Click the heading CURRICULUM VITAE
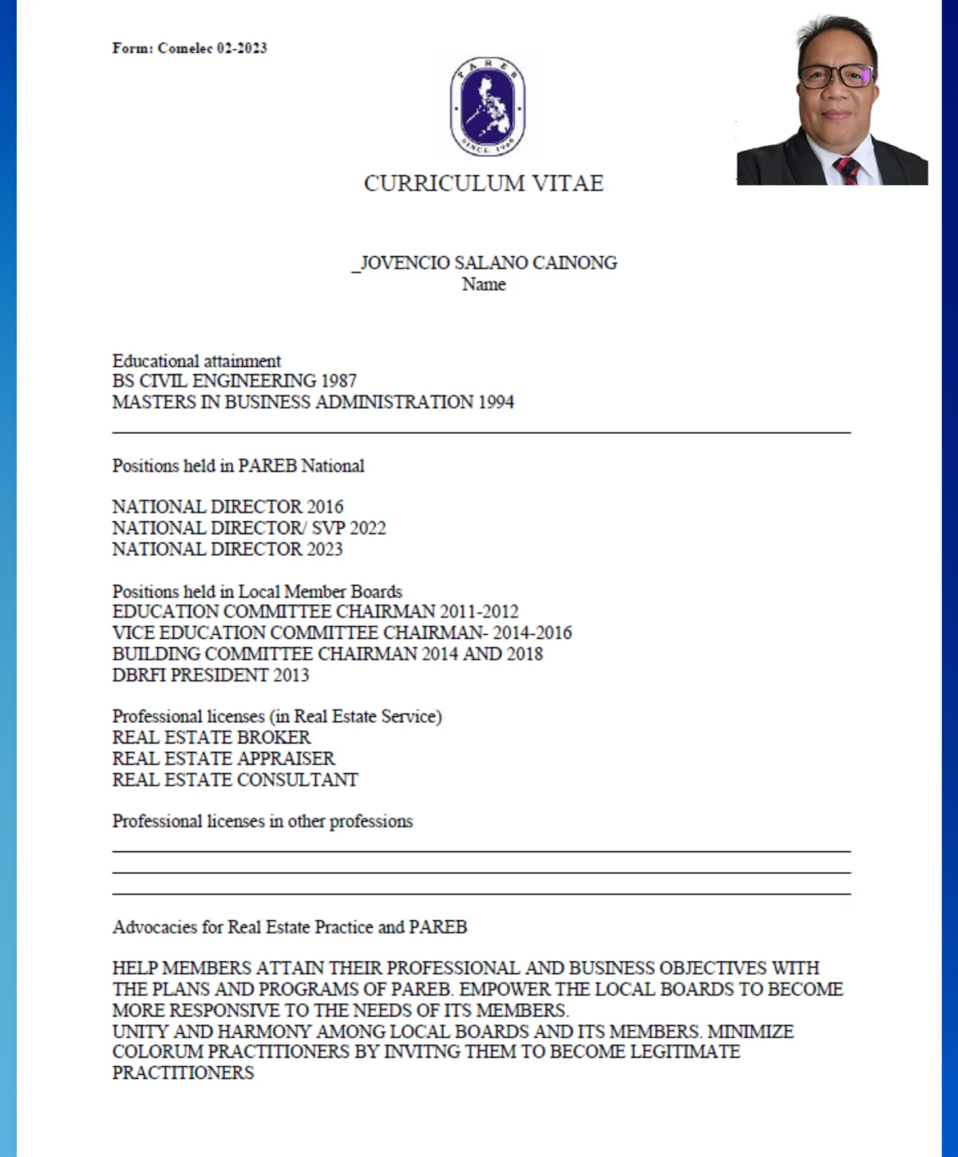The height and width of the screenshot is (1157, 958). coord(484,184)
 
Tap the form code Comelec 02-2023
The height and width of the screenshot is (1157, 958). coord(212,48)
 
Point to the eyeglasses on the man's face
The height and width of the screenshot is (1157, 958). coord(836,76)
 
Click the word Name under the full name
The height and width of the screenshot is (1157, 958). coord(484,284)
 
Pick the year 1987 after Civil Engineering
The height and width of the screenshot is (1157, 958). coord(338,381)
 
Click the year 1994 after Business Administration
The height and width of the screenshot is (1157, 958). coord(496,402)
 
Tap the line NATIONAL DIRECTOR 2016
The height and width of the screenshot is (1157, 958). coord(228,507)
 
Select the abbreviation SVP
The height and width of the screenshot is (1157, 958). coord(328,528)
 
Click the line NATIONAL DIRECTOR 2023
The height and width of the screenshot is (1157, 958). coord(228,549)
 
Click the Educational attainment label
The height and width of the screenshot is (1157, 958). coord(196,361)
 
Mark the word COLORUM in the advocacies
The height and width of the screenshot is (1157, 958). coord(158,1052)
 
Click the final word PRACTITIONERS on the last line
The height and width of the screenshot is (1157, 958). coord(183,1072)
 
